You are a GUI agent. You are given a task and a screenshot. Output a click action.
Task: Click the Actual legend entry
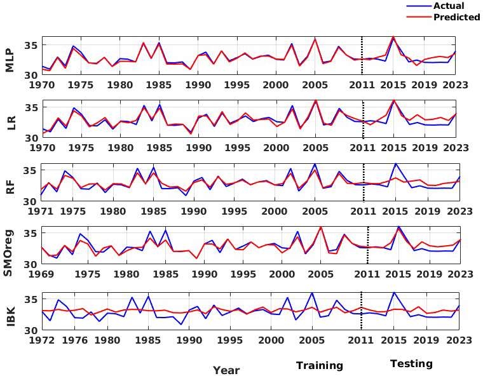pyautogui.click(x=448, y=6)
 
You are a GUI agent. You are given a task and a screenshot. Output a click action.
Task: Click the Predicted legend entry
pyautogui.click(x=456, y=17)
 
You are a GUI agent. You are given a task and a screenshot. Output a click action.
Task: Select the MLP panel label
pyautogui.click(x=10, y=60)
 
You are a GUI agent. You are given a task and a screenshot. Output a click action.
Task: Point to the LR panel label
pyautogui.click(x=10, y=123)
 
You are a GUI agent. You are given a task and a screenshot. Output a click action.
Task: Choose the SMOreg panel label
pyautogui.click(x=10, y=248)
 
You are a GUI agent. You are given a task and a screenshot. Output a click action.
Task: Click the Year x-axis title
pyautogui.click(x=226, y=370)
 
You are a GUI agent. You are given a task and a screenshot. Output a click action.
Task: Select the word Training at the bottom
pyautogui.click(x=319, y=366)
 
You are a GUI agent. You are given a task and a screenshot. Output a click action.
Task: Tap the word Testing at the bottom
pyautogui.click(x=411, y=364)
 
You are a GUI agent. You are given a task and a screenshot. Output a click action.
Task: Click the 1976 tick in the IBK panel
pyautogui.click(x=77, y=340)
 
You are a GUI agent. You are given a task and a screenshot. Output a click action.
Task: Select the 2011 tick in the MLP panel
pyautogui.click(x=362, y=84)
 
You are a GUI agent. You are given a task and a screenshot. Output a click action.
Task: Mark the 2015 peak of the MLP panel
pyautogui.click(x=393, y=37)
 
